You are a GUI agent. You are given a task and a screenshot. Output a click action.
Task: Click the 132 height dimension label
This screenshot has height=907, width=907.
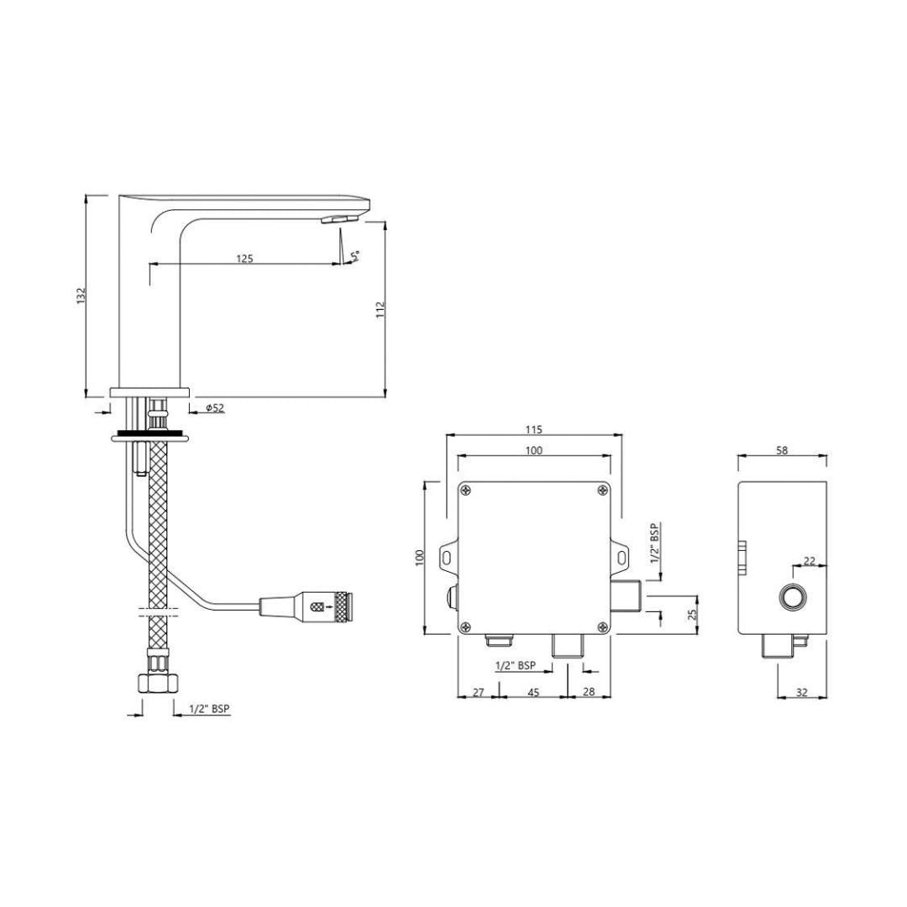81,296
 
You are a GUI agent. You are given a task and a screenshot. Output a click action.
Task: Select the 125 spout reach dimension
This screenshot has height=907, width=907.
244,259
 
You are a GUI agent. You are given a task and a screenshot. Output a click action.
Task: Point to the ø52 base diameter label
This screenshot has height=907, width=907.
215,408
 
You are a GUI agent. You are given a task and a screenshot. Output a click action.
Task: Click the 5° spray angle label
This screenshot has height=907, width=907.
354,255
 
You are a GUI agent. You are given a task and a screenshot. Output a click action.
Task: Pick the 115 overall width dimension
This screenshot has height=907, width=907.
534,429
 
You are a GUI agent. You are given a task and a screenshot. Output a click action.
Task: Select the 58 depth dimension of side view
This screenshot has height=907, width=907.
782,450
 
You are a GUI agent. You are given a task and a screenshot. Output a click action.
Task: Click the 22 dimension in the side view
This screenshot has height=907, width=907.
810,560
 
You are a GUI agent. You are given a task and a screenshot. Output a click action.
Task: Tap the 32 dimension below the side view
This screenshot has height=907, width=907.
802,692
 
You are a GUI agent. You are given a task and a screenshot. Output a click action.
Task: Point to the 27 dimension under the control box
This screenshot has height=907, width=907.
479,692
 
